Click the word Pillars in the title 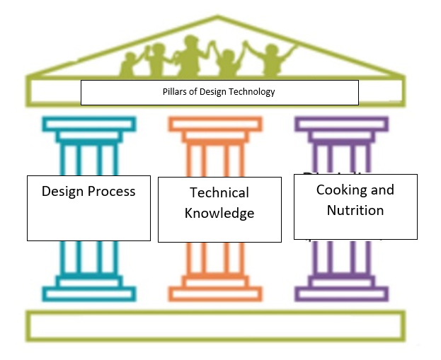tap(173, 92)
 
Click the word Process tap(110, 191)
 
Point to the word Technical tap(219, 192)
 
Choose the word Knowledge tap(219, 213)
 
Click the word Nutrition tap(355, 210)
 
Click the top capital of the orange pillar tap(215, 125)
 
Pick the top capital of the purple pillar tap(341, 125)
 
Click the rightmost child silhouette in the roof tap(271, 59)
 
